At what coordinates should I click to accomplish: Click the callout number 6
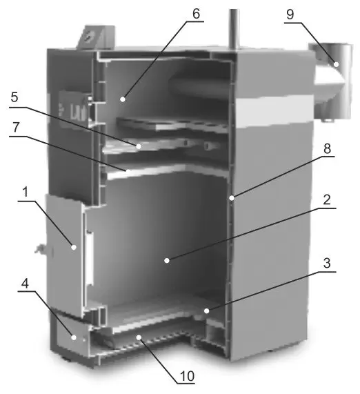pyautogui.click(x=196, y=14)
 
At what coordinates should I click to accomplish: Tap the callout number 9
pyautogui.click(x=290, y=14)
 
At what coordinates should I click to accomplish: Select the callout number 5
pyautogui.click(x=14, y=97)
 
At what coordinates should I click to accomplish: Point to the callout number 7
pyautogui.click(x=16, y=127)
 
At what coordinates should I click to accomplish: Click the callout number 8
pyautogui.click(x=327, y=148)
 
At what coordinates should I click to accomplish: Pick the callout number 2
pyautogui.click(x=327, y=200)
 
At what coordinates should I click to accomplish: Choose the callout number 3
pyautogui.click(x=327, y=263)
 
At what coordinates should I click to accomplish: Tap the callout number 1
pyautogui.click(x=25, y=193)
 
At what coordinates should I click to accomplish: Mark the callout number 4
pyautogui.click(x=25, y=283)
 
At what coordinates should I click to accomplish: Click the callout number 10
pyautogui.click(x=187, y=376)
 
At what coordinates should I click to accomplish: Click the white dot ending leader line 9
pyautogui.click(x=336, y=64)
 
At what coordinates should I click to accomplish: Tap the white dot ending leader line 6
pyautogui.click(x=123, y=99)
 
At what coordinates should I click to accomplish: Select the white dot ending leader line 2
pyautogui.click(x=167, y=261)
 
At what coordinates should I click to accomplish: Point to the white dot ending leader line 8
pyautogui.click(x=232, y=198)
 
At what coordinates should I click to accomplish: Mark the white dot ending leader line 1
pyautogui.click(x=74, y=247)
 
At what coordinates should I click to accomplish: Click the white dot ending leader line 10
pyautogui.click(x=139, y=337)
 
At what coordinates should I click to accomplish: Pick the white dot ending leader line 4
pyautogui.click(x=74, y=337)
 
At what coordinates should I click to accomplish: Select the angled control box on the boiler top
pyautogui.click(x=96, y=37)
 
